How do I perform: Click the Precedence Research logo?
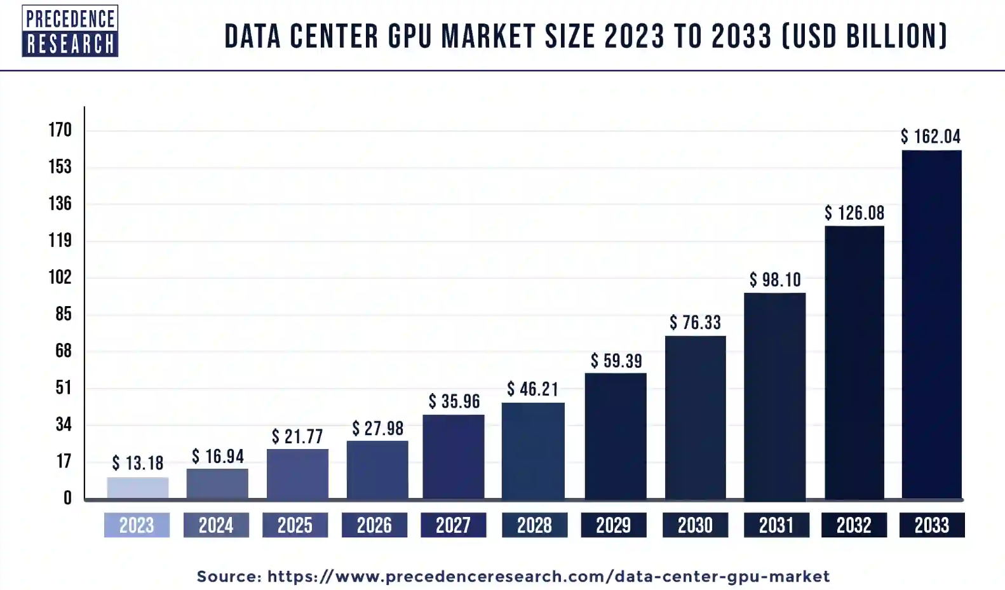click(70, 30)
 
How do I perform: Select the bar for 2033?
click(931, 324)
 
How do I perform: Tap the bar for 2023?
click(138, 488)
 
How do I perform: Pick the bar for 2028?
click(533, 451)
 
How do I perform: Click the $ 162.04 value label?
click(930, 137)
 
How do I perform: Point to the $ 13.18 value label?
click(138, 463)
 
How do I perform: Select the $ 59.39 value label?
click(616, 361)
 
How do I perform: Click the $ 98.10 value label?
click(775, 279)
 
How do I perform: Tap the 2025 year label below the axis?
click(295, 525)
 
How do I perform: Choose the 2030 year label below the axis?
click(695, 525)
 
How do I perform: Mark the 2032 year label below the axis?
click(853, 525)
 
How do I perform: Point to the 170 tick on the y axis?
click(60, 130)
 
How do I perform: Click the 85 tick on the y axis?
click(64, 314)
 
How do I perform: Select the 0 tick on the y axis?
click(67, 498)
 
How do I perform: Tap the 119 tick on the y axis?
click(60, 240)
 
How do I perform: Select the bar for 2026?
click(377, 470)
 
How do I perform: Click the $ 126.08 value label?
click(854, 213)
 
